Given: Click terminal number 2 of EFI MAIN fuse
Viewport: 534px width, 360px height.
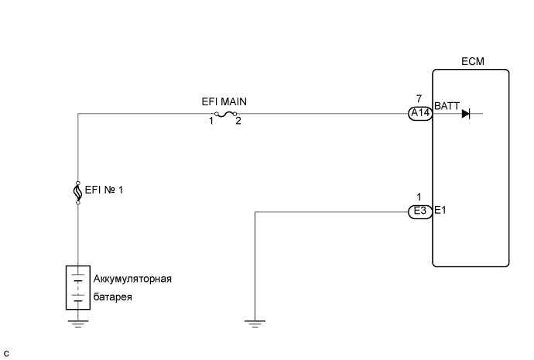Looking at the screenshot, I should point(238,121).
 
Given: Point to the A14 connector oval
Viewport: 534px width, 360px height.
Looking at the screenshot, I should point(419,114).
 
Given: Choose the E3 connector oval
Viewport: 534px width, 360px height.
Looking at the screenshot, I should point(419,210).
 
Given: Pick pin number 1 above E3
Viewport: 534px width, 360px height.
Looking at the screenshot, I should point(419,197).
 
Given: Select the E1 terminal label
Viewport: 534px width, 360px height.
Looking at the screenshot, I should point(440,210).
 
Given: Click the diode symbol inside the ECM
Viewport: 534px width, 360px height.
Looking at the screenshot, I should point(466,114).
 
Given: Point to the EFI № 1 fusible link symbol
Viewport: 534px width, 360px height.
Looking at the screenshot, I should point(78,191).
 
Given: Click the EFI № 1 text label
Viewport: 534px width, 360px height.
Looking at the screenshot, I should point(103,188).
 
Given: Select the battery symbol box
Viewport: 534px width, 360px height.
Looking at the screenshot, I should point(78,288).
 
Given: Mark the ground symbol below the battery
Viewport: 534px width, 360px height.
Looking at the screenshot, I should point(78,324).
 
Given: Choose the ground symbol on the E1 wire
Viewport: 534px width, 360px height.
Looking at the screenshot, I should point(255,324).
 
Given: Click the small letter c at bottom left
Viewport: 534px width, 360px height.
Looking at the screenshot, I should point(6,353).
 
